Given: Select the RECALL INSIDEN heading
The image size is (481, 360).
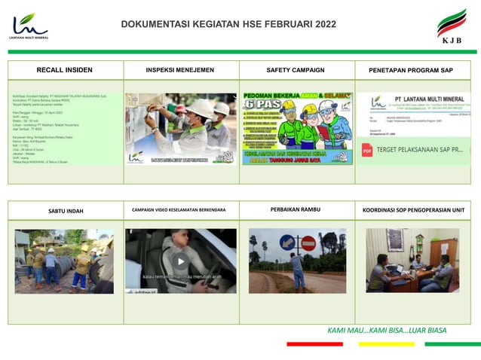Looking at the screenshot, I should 65,70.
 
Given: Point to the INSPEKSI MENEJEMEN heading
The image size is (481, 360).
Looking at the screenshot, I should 180,70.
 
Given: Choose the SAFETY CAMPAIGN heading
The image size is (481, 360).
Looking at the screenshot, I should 296,70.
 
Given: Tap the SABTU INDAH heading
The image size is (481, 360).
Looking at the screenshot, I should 66,211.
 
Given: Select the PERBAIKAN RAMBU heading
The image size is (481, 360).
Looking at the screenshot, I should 296,209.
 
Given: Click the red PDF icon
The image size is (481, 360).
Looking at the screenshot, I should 367,151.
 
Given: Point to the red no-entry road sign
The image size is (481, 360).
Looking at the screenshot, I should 308,243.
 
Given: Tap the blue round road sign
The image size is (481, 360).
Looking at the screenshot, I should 287,243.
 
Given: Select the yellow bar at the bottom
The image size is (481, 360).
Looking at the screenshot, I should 386,344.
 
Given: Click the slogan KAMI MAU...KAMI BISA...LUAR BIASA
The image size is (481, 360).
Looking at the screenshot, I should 387,330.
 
